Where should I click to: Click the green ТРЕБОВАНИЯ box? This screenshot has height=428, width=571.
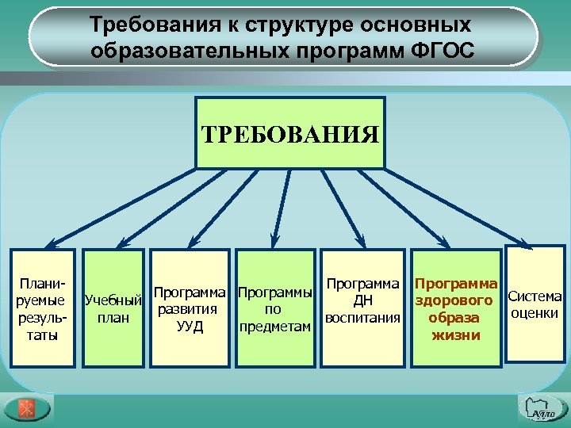coord(289,133)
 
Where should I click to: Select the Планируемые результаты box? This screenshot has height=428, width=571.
coord(43,309)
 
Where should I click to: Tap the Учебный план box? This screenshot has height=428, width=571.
coord(113,309)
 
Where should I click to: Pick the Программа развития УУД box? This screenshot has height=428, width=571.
coord(190,309)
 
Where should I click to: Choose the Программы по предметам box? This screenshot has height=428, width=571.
coord(274,309)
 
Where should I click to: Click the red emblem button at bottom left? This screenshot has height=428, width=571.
coord(25,407)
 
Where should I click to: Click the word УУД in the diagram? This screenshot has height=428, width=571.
coord(190,326)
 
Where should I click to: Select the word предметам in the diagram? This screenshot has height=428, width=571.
coord(274,327)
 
